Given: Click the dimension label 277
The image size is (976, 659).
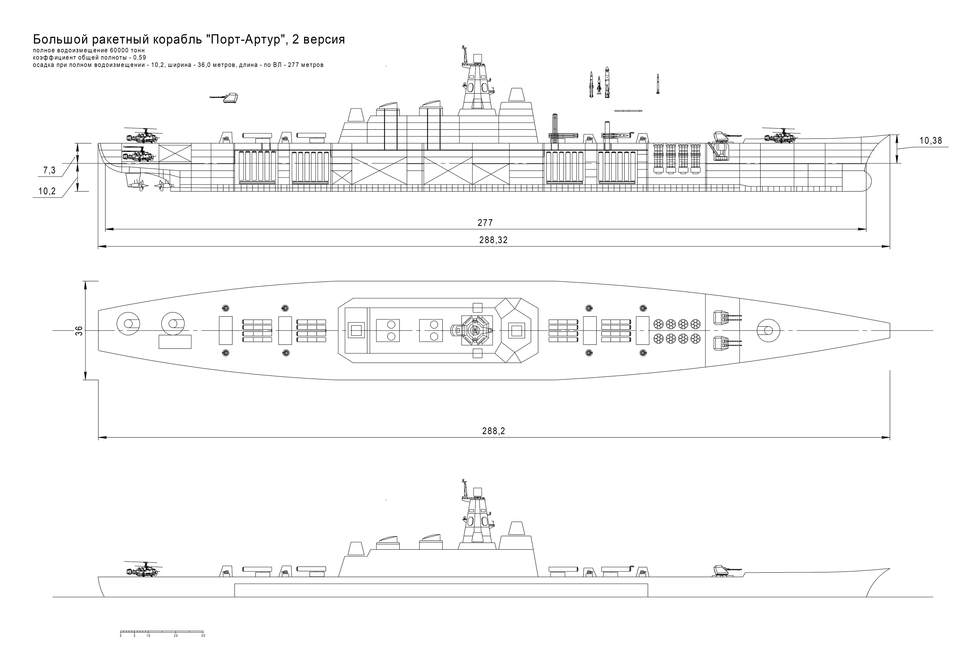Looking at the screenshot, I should (485, 223).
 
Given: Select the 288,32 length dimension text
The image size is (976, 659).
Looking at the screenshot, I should (493, 240).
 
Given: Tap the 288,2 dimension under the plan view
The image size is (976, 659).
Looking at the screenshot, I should (493, 431).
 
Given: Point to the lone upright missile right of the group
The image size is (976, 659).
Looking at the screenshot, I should (658, 84).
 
